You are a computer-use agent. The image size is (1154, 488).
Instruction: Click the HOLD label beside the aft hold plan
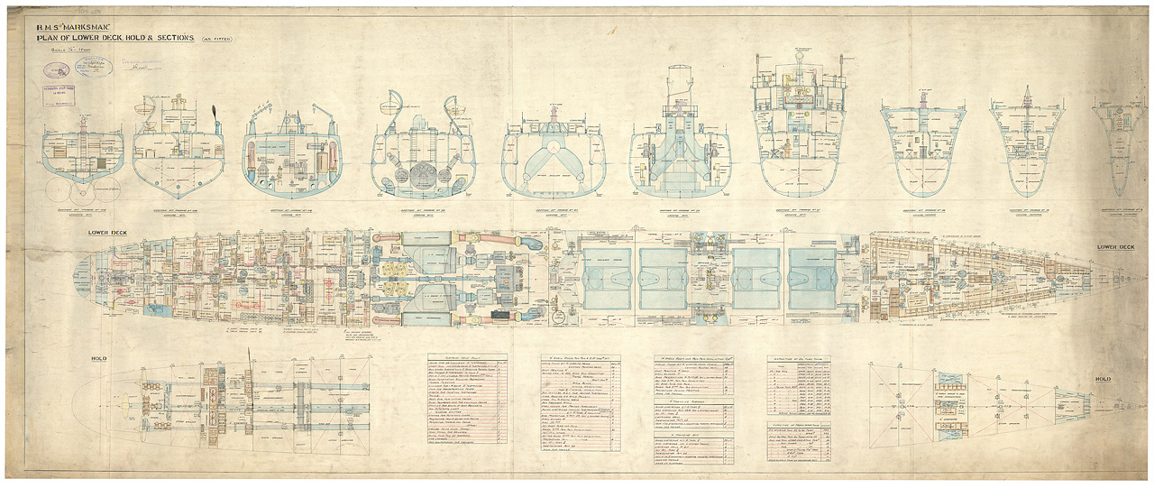pyautogui.click(x=99, y=359)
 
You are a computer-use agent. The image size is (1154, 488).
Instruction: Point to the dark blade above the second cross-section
pyautogui.click(x=215, y=115)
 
